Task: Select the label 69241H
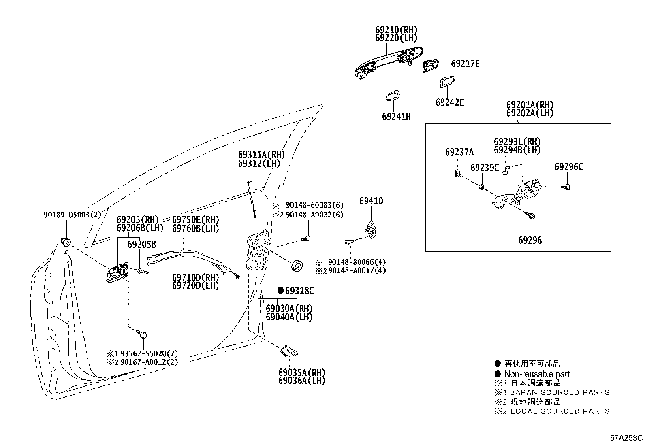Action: pyautogui.click(x=396, y=117)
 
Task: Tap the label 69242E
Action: pyautogui.click(x=450, y=102)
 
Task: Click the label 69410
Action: pyautogui.click(x=371, y=201)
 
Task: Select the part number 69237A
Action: pyautogui.click(x=459, y=152)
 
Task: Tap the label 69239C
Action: pyautogui.click(x=485, y=168)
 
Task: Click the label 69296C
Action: pyautogui.click(x=569, y=167)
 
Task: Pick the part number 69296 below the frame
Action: pyautogui.click(x=530, y=240)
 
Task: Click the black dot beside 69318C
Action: pyautogui.click(x=280, y=290)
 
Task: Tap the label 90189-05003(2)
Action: pyautogui.click(x=72, y=215)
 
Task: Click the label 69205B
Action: pyautogui.click(x=142, y=244)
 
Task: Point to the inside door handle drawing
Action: pyautogui.click(x=118, y=272)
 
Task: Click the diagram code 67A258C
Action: pyautogui.click(x=626, y=438)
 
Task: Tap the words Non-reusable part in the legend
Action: pyautogui.click(x=537, y=374)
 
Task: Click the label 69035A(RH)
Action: pyautogui.click(x=301, y=373)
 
